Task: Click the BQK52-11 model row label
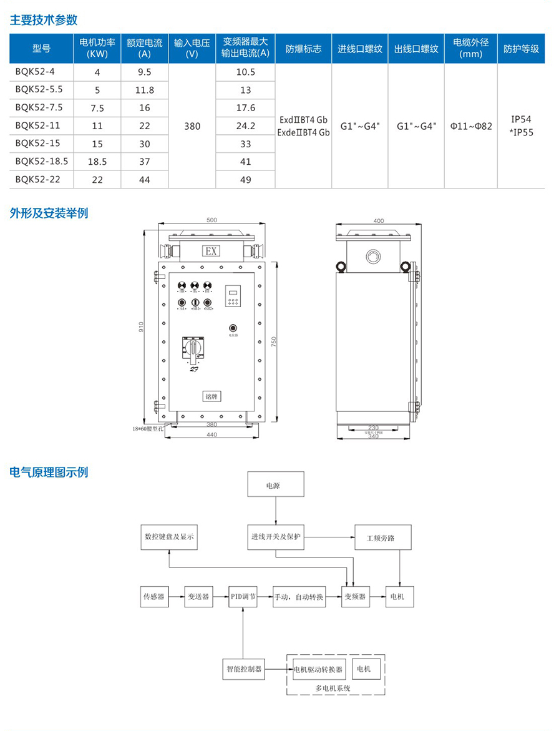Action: tap(34, 126)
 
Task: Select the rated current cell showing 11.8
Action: tap(144, 90)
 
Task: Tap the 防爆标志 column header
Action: tap(303, 49)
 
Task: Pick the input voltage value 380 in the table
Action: tap(193, 126)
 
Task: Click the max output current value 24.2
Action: tap(246, 126)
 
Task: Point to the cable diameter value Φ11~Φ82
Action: tap(471, 126)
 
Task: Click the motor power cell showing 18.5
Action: tap(97, 162)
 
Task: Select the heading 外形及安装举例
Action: tap(49, 213)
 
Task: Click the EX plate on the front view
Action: tap(211, 252)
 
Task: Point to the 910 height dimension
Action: tap(141, 327)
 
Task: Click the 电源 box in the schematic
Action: tap(273, 484)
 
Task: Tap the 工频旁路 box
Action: tap(383, 537)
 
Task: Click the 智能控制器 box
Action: tap(244, 669)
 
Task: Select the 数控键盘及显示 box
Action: tap(169, 537)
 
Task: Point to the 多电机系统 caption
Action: tap(334, 688)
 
